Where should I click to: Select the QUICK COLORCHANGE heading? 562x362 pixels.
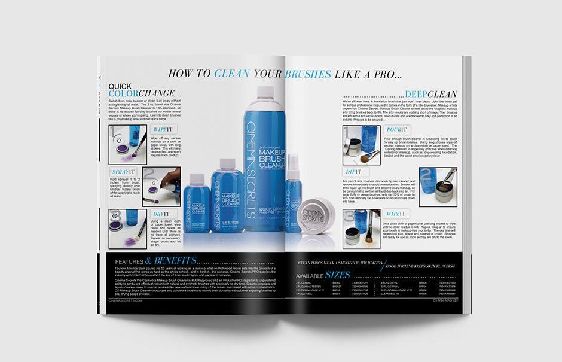click(144, 90)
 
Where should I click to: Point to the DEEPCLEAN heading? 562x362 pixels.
click(430, 94)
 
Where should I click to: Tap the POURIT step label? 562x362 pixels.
click(396, 129)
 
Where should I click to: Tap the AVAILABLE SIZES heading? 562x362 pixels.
click(323, 275)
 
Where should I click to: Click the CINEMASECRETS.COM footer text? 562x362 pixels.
click(126, 301)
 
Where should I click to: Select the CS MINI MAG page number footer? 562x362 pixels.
click(445, 301)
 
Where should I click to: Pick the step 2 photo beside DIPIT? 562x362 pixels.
click(438, 186)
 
